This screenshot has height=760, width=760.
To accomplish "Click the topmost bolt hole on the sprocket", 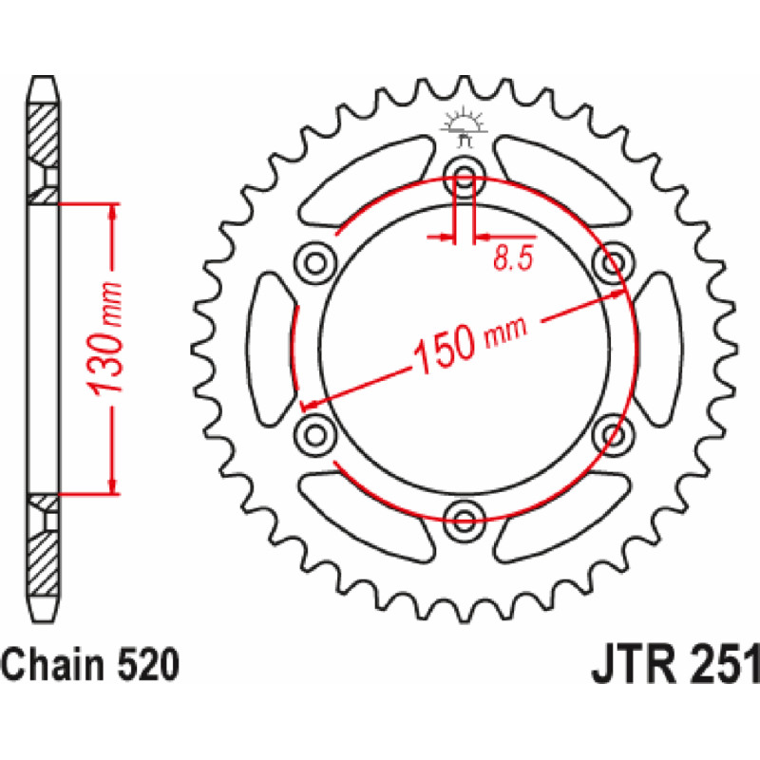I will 465,175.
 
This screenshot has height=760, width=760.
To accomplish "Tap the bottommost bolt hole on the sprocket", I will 465,518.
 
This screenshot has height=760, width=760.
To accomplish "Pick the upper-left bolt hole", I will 315,260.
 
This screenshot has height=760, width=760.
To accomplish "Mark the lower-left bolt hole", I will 315,432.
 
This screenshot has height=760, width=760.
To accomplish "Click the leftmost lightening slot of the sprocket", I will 271,347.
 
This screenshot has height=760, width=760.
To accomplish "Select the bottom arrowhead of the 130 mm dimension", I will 114,484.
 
